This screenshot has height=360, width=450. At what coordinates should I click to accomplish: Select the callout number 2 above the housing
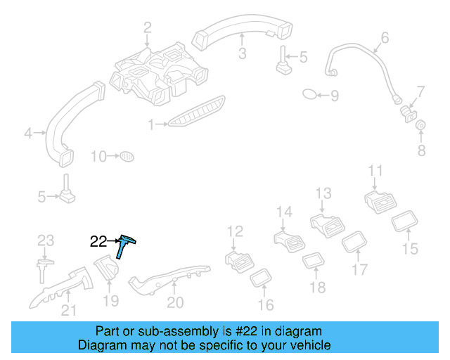[148, 28]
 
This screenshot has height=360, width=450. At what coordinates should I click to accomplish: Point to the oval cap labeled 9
[310, 94]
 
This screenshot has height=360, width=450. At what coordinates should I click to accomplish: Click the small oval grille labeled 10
[126, 155]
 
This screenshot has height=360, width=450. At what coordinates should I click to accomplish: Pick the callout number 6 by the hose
[385, 37]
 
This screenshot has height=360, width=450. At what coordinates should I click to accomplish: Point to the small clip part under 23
[44, 268]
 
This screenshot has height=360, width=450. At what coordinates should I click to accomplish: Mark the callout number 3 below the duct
[241, 54]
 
